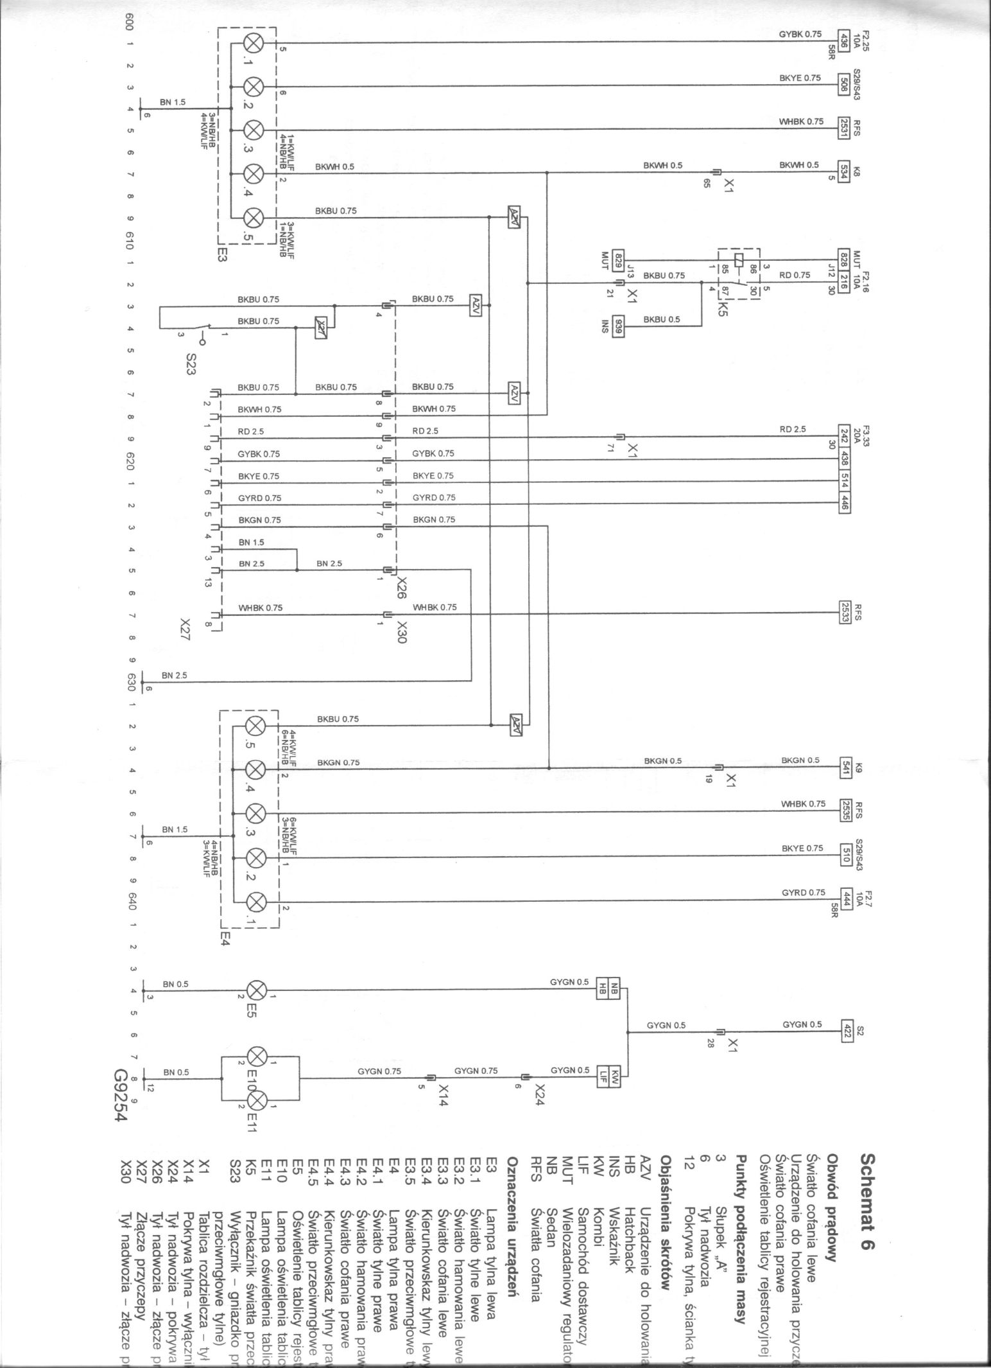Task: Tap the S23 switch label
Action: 191,365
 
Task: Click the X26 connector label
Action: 402,586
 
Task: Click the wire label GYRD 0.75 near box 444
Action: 803,893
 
